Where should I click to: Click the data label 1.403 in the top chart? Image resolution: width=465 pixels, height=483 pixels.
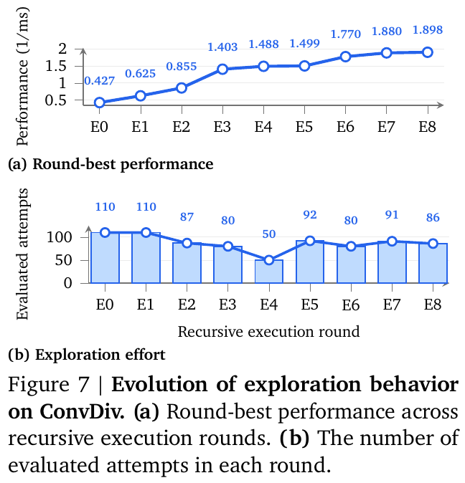point(222,47)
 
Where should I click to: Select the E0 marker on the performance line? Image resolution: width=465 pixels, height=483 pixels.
point(99,102)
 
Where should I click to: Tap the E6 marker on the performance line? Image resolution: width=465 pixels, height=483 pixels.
point(345,57)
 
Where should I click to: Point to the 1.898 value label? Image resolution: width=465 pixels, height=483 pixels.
point(428,30)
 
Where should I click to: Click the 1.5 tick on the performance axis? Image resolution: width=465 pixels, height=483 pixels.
point(56,66)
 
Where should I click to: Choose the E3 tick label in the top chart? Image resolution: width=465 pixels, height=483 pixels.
point(222,127)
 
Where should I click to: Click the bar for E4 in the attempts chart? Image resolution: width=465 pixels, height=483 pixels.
point(269,272)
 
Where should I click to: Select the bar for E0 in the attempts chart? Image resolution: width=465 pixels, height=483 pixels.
point(105,257)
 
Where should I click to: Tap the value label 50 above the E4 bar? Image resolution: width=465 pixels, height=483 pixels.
point(269,234)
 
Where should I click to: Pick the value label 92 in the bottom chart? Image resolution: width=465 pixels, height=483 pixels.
point(310,215)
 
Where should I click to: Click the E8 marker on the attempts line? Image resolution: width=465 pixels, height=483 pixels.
point(433,244)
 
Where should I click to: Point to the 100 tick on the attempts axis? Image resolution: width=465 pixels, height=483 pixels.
point(59,237)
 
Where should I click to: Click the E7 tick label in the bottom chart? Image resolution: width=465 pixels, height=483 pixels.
point(392,305)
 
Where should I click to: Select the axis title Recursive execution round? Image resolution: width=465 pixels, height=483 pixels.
point(268,332)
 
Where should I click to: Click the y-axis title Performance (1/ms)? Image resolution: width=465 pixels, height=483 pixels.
point(22,77)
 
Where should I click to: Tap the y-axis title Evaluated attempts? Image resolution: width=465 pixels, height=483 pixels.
point(22,254)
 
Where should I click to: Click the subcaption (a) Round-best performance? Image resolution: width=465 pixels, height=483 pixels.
point(111,164)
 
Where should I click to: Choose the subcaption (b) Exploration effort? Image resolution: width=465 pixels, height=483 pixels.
point(87,355)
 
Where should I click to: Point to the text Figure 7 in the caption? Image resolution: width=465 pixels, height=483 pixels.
point(48,384)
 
